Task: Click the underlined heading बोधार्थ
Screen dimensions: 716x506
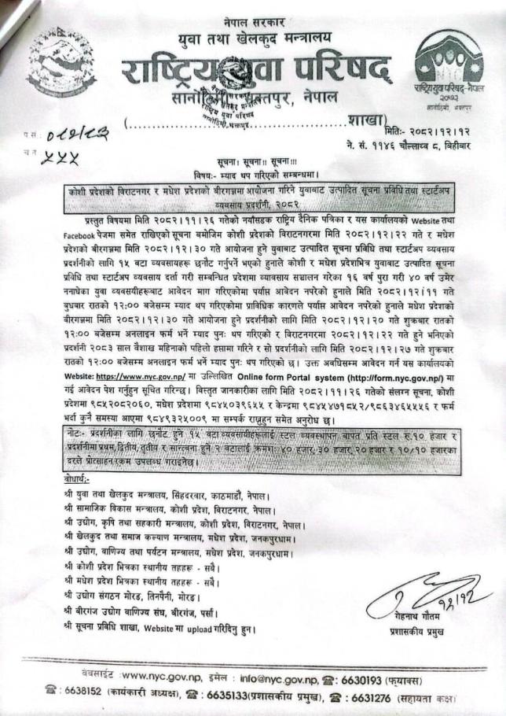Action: (80, 478)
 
